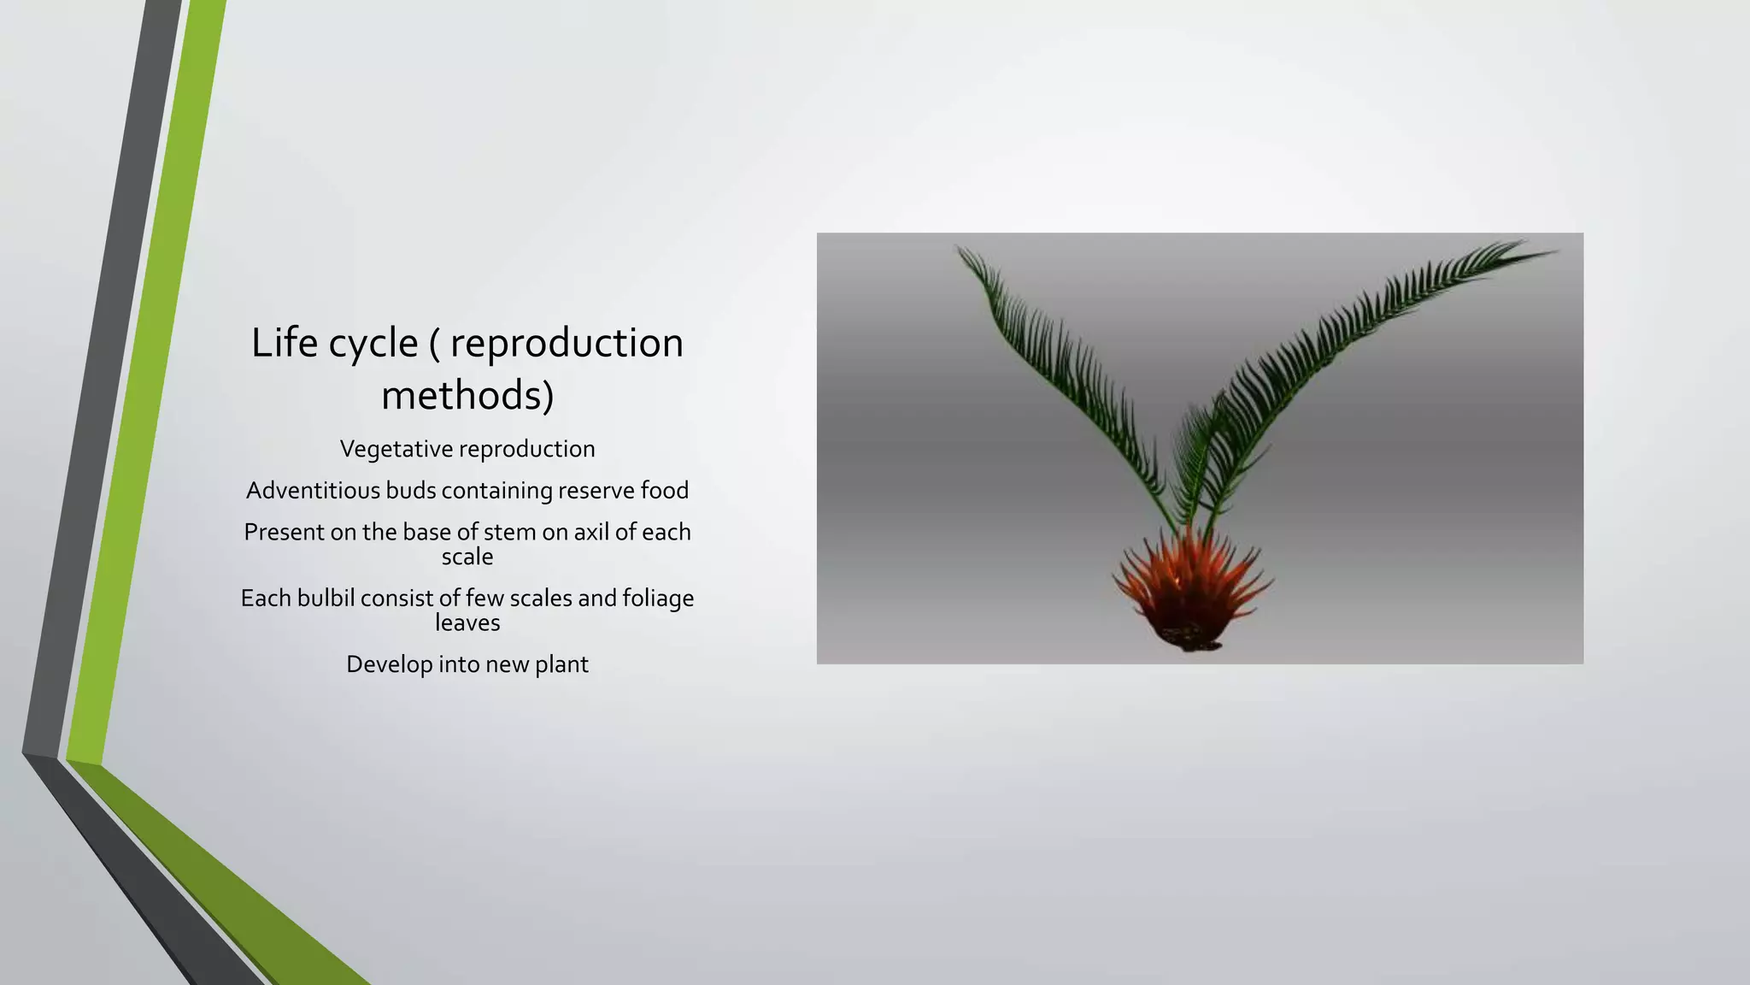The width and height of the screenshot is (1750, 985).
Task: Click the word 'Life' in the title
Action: (285, 343)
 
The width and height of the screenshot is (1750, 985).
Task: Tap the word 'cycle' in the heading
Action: (373, 345)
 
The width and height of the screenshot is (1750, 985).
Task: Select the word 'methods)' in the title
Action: (467, 396)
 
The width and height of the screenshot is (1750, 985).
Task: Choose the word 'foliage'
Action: (658, 599)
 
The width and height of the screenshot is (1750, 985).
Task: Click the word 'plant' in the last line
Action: (561, 664)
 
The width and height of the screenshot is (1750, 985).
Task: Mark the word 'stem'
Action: (509, 532)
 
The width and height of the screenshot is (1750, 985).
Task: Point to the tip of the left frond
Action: (960, 251)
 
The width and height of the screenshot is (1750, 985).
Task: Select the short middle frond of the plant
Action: (1196, 453)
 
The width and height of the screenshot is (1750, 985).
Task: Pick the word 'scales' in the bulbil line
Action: (540, 598)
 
